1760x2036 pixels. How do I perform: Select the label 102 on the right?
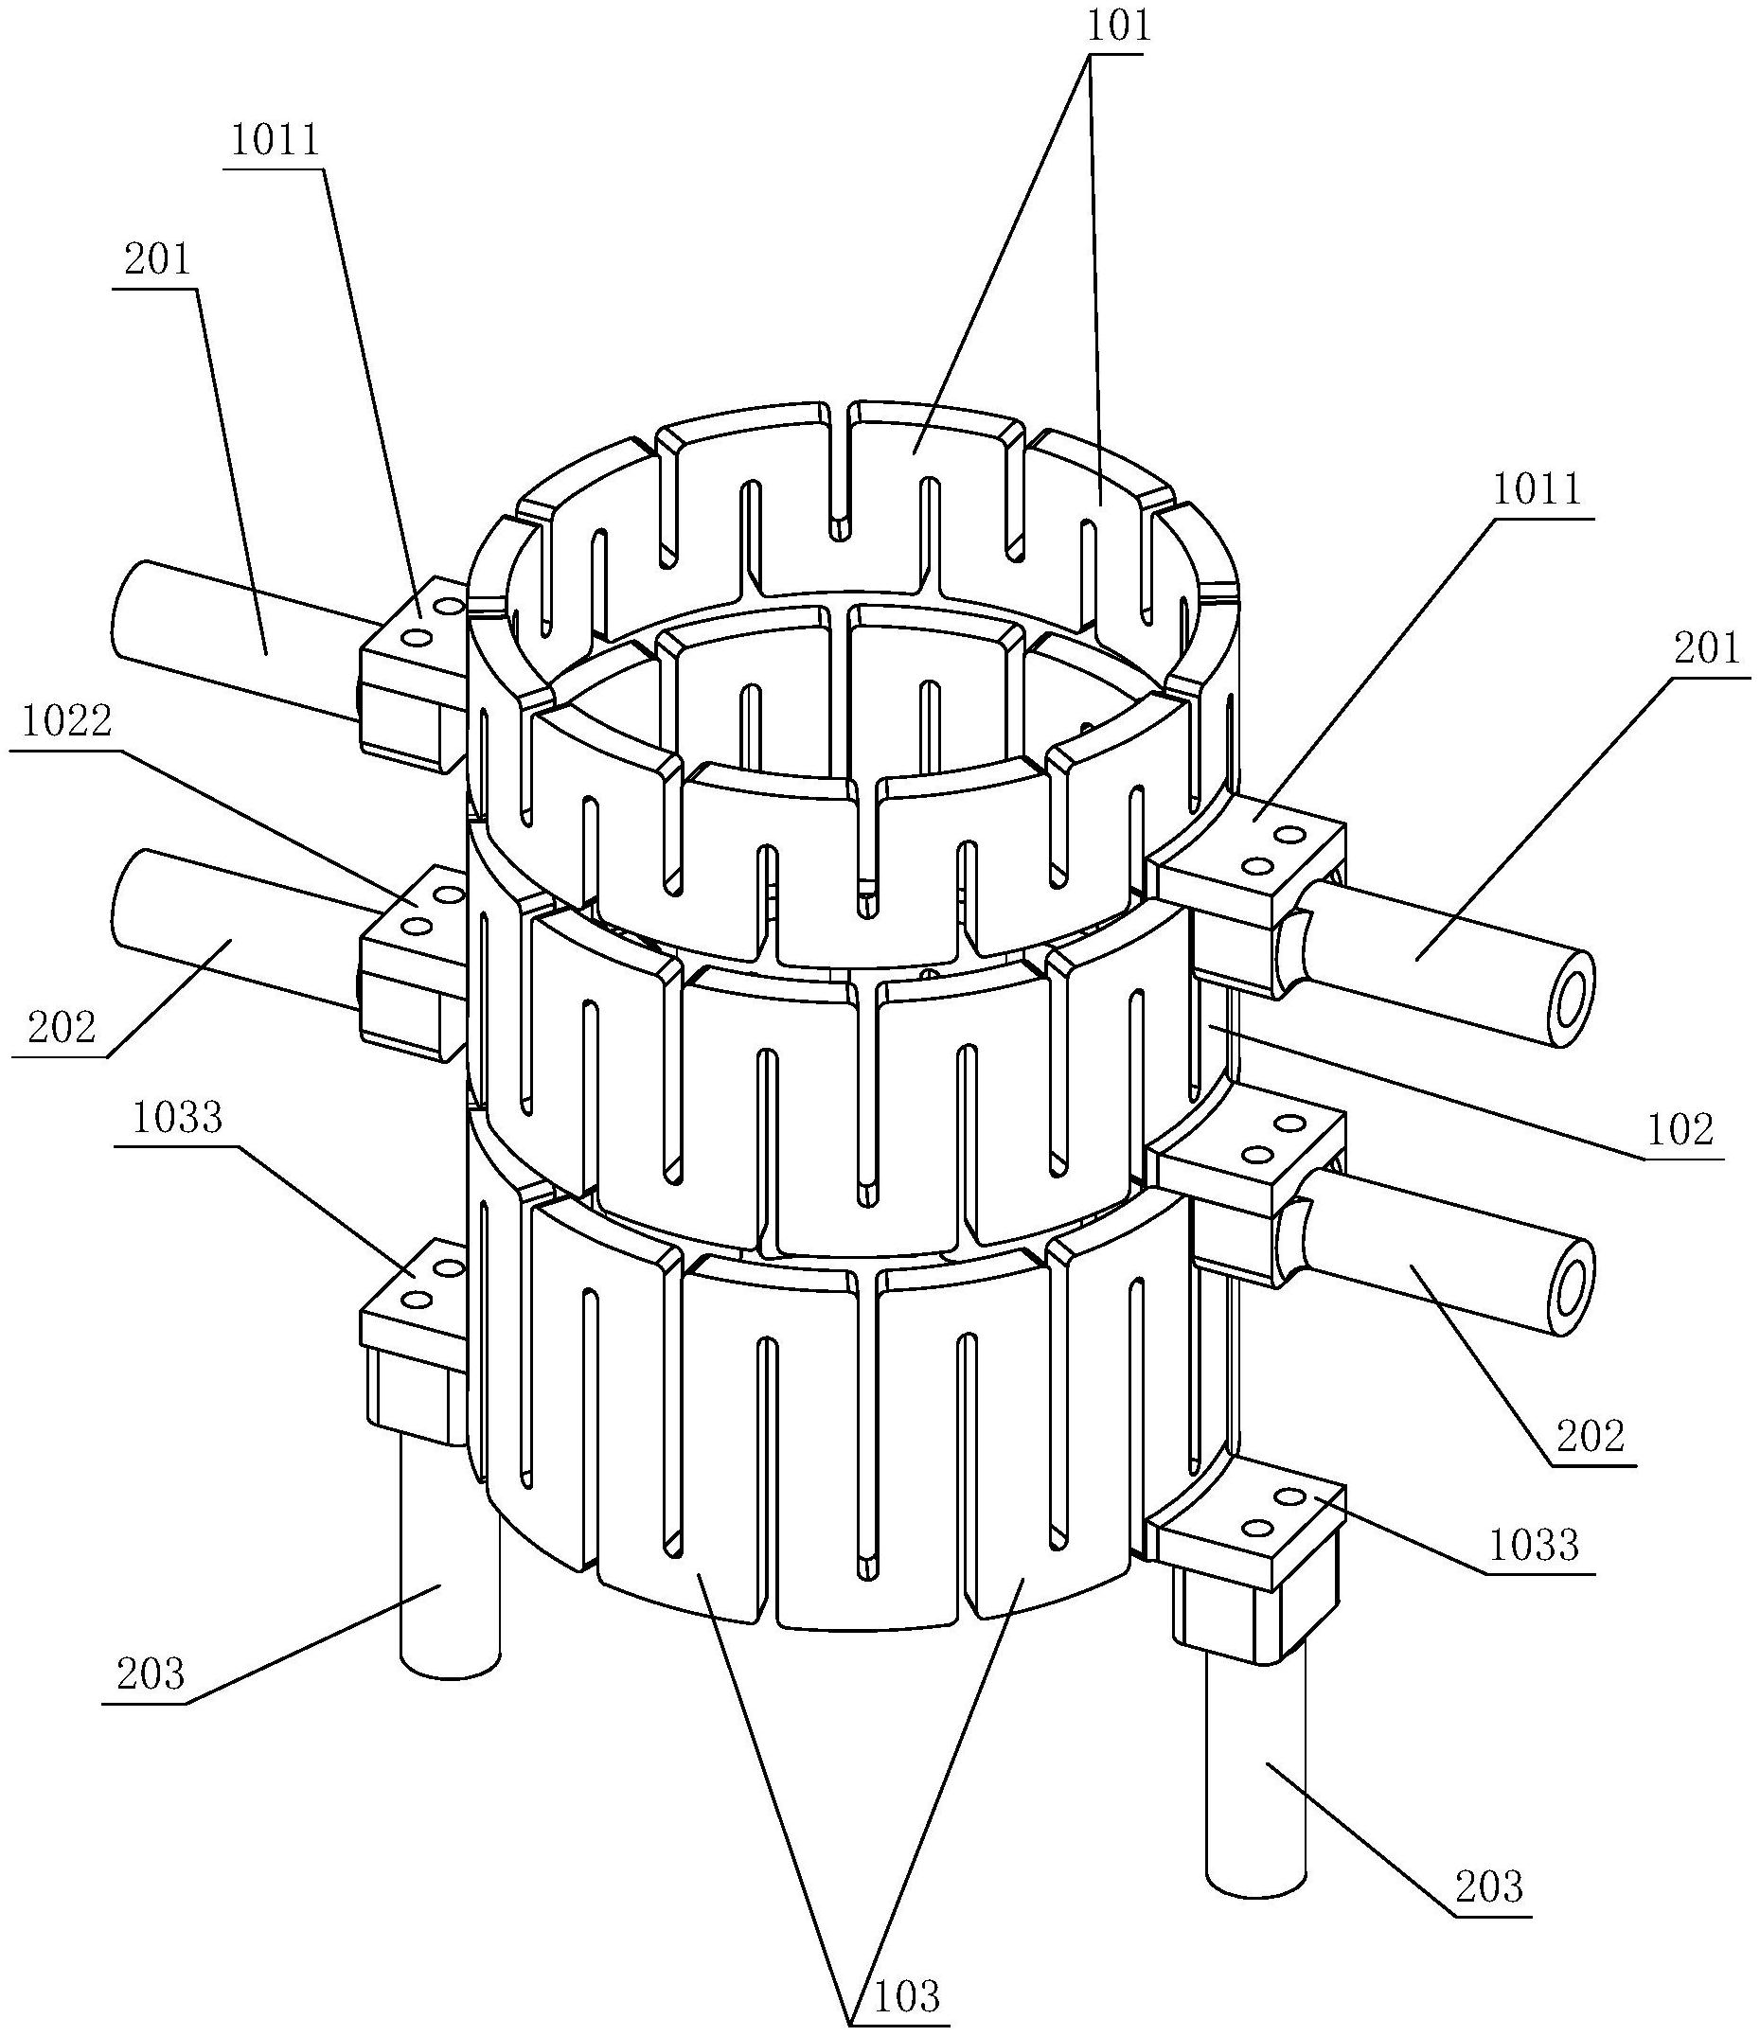point(1681,1130)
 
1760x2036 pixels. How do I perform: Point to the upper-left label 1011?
point(276,140)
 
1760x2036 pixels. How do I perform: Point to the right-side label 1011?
point(1538,490)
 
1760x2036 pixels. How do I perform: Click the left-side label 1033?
point(177,1117)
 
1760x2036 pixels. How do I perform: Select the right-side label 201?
point(1707,649)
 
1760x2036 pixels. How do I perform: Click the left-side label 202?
point(62,1027)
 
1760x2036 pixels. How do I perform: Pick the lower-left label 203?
point(151,1673)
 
